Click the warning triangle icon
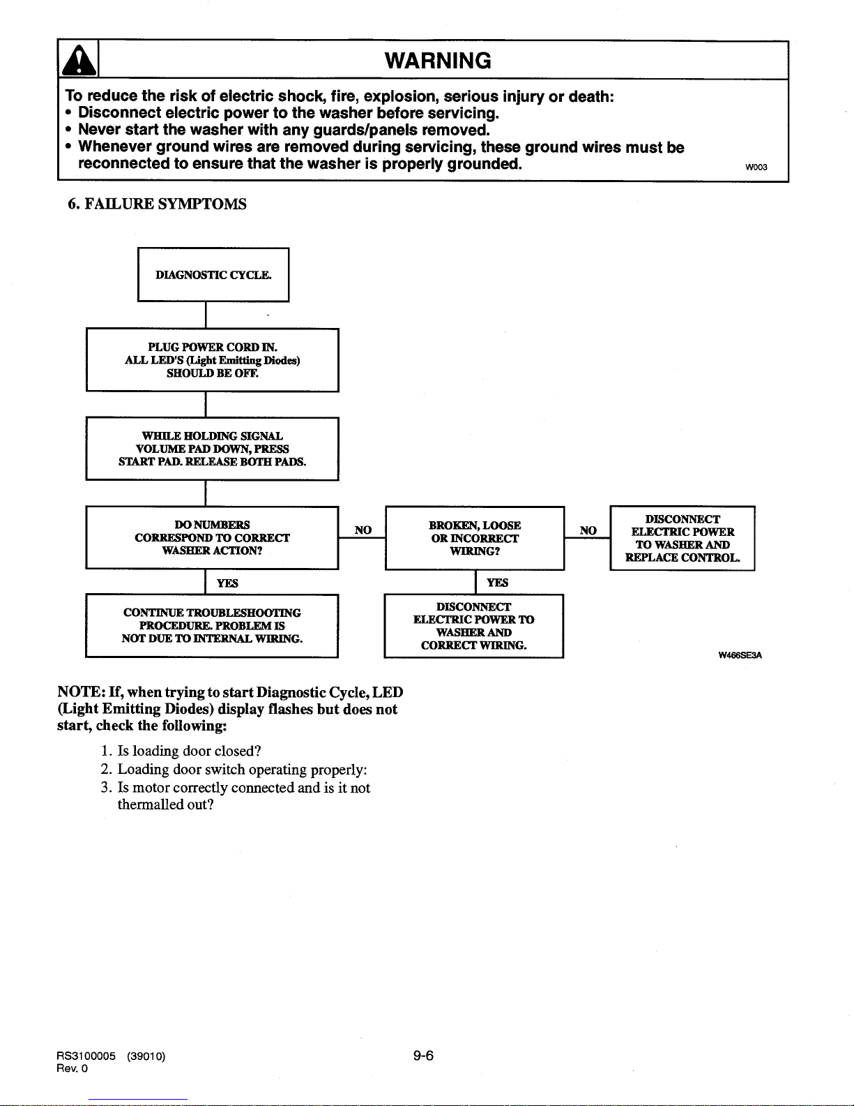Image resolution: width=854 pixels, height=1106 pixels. coord(78,61)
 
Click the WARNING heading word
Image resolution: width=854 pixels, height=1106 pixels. coord(438,61)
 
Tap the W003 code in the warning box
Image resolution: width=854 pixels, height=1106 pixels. coord(756,167)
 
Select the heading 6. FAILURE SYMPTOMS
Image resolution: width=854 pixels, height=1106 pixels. coord(157,204)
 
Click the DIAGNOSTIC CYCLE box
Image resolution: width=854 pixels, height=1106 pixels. coord(213,275)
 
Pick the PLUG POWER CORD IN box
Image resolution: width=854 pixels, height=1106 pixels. coord(213,360)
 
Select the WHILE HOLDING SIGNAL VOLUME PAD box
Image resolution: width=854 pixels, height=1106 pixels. coord(213,449)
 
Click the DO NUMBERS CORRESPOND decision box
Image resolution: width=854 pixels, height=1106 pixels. coord(213,537)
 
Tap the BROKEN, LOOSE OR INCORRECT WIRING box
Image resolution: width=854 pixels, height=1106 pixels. coord(475,538)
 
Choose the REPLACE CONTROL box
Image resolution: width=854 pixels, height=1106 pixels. coord(683,538)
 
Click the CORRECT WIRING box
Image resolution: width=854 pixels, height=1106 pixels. coord(474,626)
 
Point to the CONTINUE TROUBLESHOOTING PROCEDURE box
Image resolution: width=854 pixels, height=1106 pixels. coord(212,625)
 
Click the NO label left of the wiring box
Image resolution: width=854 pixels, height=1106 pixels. coord(363,530)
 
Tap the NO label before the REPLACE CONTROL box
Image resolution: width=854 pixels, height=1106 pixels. coord(588,530)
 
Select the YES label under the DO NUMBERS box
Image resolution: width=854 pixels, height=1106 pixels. coord(227,583)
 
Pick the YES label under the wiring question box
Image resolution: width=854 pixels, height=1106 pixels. coord(497,582)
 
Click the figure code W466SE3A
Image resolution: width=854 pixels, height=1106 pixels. coord(740,655)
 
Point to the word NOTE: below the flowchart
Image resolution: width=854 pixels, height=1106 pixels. coord(82,692)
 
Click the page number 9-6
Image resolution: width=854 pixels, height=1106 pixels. coord(423,1056)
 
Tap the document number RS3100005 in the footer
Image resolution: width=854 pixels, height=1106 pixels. coord(86,1056)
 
